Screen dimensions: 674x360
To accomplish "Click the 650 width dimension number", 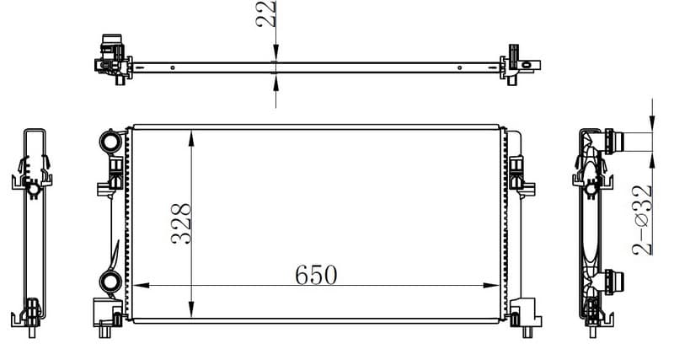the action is tap(316, 275).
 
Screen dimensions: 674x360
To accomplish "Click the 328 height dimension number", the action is tap(181, 223).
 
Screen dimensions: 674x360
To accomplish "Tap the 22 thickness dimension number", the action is tap(265, 13).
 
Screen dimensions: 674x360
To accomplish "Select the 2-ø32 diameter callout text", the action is tap(642, 220).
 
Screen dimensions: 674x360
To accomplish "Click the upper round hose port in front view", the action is tap(111, 141).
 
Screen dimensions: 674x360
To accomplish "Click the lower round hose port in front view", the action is tap(110, 282).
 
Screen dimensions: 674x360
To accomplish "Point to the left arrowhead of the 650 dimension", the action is tap(141, 285).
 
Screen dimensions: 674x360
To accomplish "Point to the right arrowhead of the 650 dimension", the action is tap(491, 285).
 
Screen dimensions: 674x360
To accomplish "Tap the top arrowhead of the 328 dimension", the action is tap(191, 138).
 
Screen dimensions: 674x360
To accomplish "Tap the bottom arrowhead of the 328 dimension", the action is tap(191, 309).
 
